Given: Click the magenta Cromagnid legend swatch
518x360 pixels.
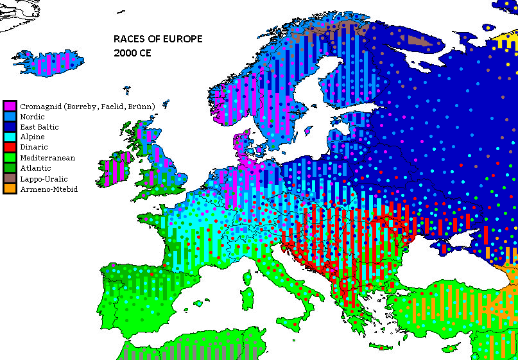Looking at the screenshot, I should pos(10,106).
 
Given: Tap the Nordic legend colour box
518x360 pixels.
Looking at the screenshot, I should pos(10,117).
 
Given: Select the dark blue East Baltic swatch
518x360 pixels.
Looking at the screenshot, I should pos(10,127).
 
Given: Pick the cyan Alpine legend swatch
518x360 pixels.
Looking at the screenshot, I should pos(10,137).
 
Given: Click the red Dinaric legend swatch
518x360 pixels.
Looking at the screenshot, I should pos(10,148).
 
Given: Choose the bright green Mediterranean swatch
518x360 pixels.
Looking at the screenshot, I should pos(10,158).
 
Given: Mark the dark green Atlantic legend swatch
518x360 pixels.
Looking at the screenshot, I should pos(10,168).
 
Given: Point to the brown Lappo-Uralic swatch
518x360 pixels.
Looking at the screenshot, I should pos(10,178).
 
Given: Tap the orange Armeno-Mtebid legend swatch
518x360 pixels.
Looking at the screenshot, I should pos(10,189).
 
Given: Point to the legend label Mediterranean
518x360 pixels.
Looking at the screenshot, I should pos(47,158).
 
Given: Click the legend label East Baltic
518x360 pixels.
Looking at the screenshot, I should pos(40,127).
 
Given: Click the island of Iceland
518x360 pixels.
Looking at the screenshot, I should pos(49,64).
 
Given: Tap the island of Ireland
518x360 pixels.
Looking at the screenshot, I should pos(117,168).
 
